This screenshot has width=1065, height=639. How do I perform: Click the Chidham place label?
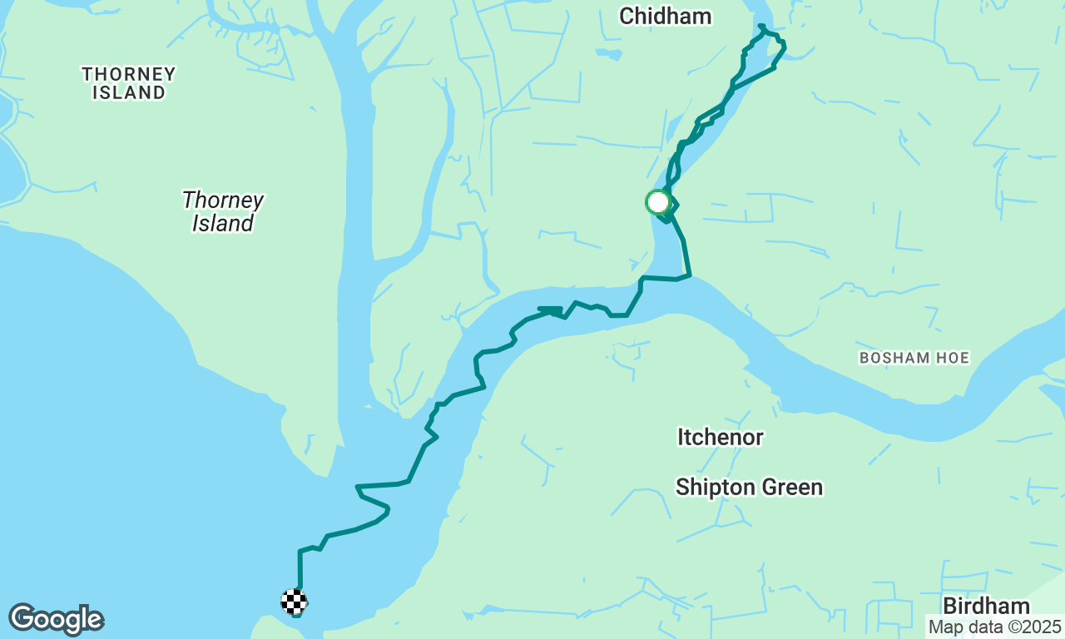[x=665, y=16]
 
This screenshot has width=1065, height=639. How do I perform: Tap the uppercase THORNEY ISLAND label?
[x=129, y=83]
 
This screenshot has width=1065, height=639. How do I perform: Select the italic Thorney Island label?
[x=222, y=211]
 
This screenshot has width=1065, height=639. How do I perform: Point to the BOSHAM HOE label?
[x=914, y=358]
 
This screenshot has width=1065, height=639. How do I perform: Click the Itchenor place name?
[x=720, y=437]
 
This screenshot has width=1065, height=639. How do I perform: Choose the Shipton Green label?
[x=749, y=487]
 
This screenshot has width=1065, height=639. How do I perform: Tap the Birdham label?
[x=986, y=605]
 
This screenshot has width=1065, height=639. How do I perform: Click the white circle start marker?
[x=657, y=202]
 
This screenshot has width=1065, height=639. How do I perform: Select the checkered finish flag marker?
[x=294, y=602]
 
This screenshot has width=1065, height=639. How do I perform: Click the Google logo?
[x=56, y=620]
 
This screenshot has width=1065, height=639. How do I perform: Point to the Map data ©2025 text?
[x=994, y=627]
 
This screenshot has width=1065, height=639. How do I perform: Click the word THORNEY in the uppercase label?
[x=129, y=74]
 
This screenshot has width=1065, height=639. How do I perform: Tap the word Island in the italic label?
[x=222, y=223]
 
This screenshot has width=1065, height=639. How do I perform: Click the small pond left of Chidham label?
[x=608, y=54]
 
